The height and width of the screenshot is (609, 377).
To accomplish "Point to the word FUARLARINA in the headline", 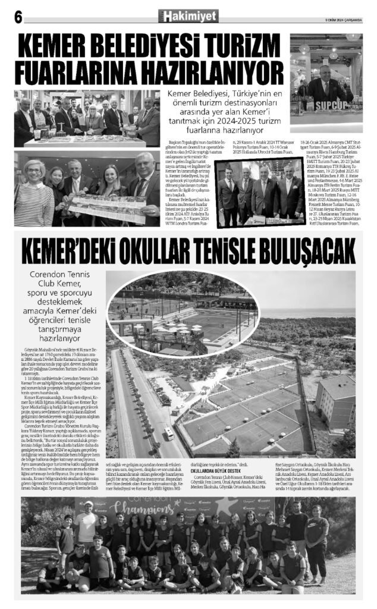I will (78, 73).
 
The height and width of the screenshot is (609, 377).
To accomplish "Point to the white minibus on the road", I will (169, 433).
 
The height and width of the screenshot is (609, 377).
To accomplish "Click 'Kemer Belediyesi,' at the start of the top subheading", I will (190, 93).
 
